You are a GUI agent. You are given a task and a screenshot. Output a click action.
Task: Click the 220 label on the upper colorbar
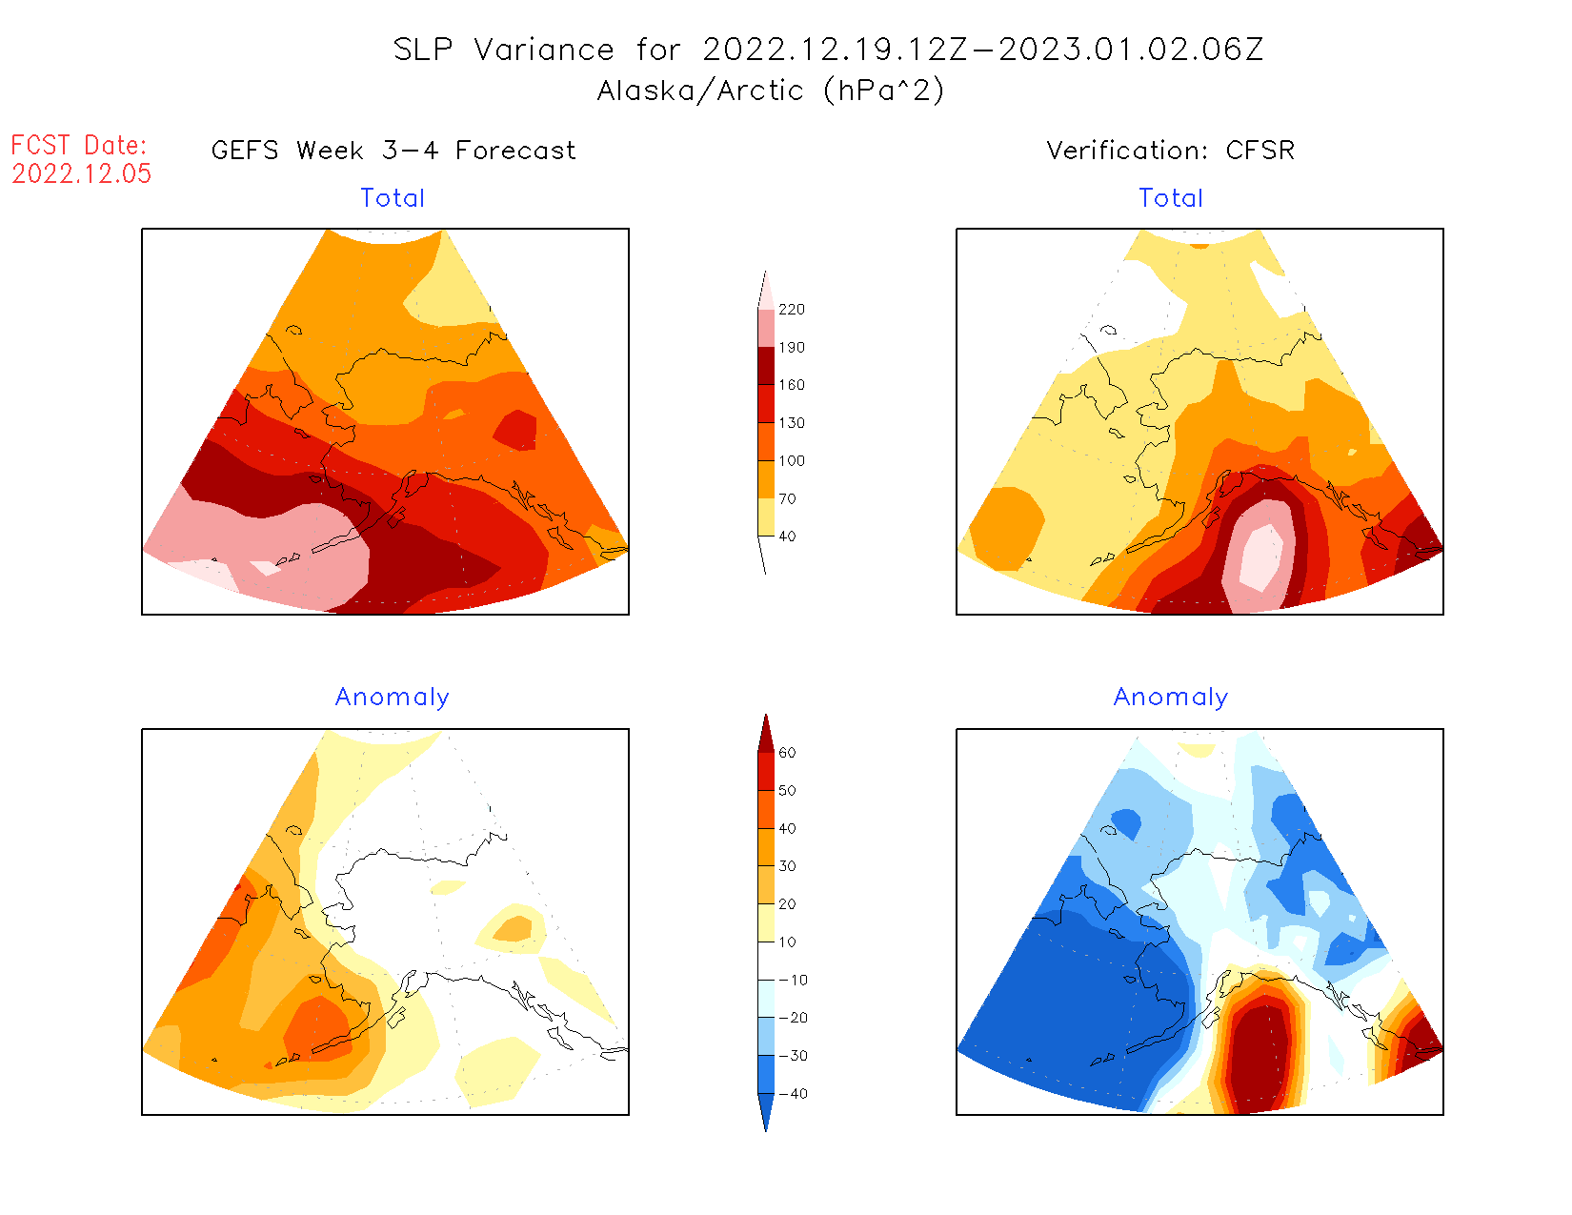pos(791,310)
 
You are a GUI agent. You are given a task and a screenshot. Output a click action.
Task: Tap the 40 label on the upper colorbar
pos(787,537)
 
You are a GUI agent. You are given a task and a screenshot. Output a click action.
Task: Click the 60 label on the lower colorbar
pos(787,753)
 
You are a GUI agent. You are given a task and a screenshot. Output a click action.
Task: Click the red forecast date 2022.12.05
pos(82,173)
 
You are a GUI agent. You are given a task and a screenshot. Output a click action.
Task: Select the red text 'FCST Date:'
pos(79,145)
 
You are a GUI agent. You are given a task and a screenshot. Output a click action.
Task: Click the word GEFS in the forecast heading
pos(245,151)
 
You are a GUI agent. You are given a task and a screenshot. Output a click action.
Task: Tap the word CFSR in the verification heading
pos(1260,151)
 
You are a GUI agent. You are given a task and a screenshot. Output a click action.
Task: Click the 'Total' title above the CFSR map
pos(1171,198)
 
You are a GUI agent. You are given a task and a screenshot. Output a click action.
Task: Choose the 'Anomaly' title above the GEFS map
pos(392,697)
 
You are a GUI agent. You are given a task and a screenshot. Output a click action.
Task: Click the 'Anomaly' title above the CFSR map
pos(1171,697)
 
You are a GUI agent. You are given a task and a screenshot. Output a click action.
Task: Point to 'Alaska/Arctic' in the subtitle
pos(700,91)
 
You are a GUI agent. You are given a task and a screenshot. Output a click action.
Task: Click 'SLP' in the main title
pos(423,50)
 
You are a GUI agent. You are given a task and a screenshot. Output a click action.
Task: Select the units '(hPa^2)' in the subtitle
pos(884,91)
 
